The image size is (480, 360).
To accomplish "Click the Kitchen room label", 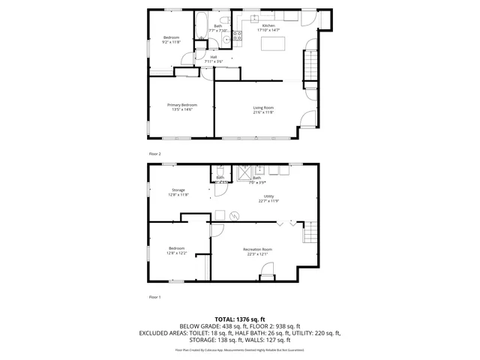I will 268,26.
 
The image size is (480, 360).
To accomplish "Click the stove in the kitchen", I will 238,34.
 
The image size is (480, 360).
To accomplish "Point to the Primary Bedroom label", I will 180,105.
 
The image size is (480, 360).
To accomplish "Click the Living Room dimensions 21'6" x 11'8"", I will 262,112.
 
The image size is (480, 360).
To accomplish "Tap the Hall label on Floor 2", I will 214,56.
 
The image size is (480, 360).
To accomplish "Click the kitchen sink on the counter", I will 254,16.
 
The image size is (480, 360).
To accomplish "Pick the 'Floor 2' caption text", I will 154,153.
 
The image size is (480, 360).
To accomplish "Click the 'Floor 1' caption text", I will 154,297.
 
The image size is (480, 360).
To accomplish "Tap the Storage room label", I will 178,190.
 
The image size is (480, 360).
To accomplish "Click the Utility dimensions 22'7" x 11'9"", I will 268,201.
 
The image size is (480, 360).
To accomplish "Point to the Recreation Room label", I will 257,249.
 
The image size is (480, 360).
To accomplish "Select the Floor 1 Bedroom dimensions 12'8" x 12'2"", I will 176,253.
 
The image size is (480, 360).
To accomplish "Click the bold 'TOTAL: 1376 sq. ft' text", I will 240,319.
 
